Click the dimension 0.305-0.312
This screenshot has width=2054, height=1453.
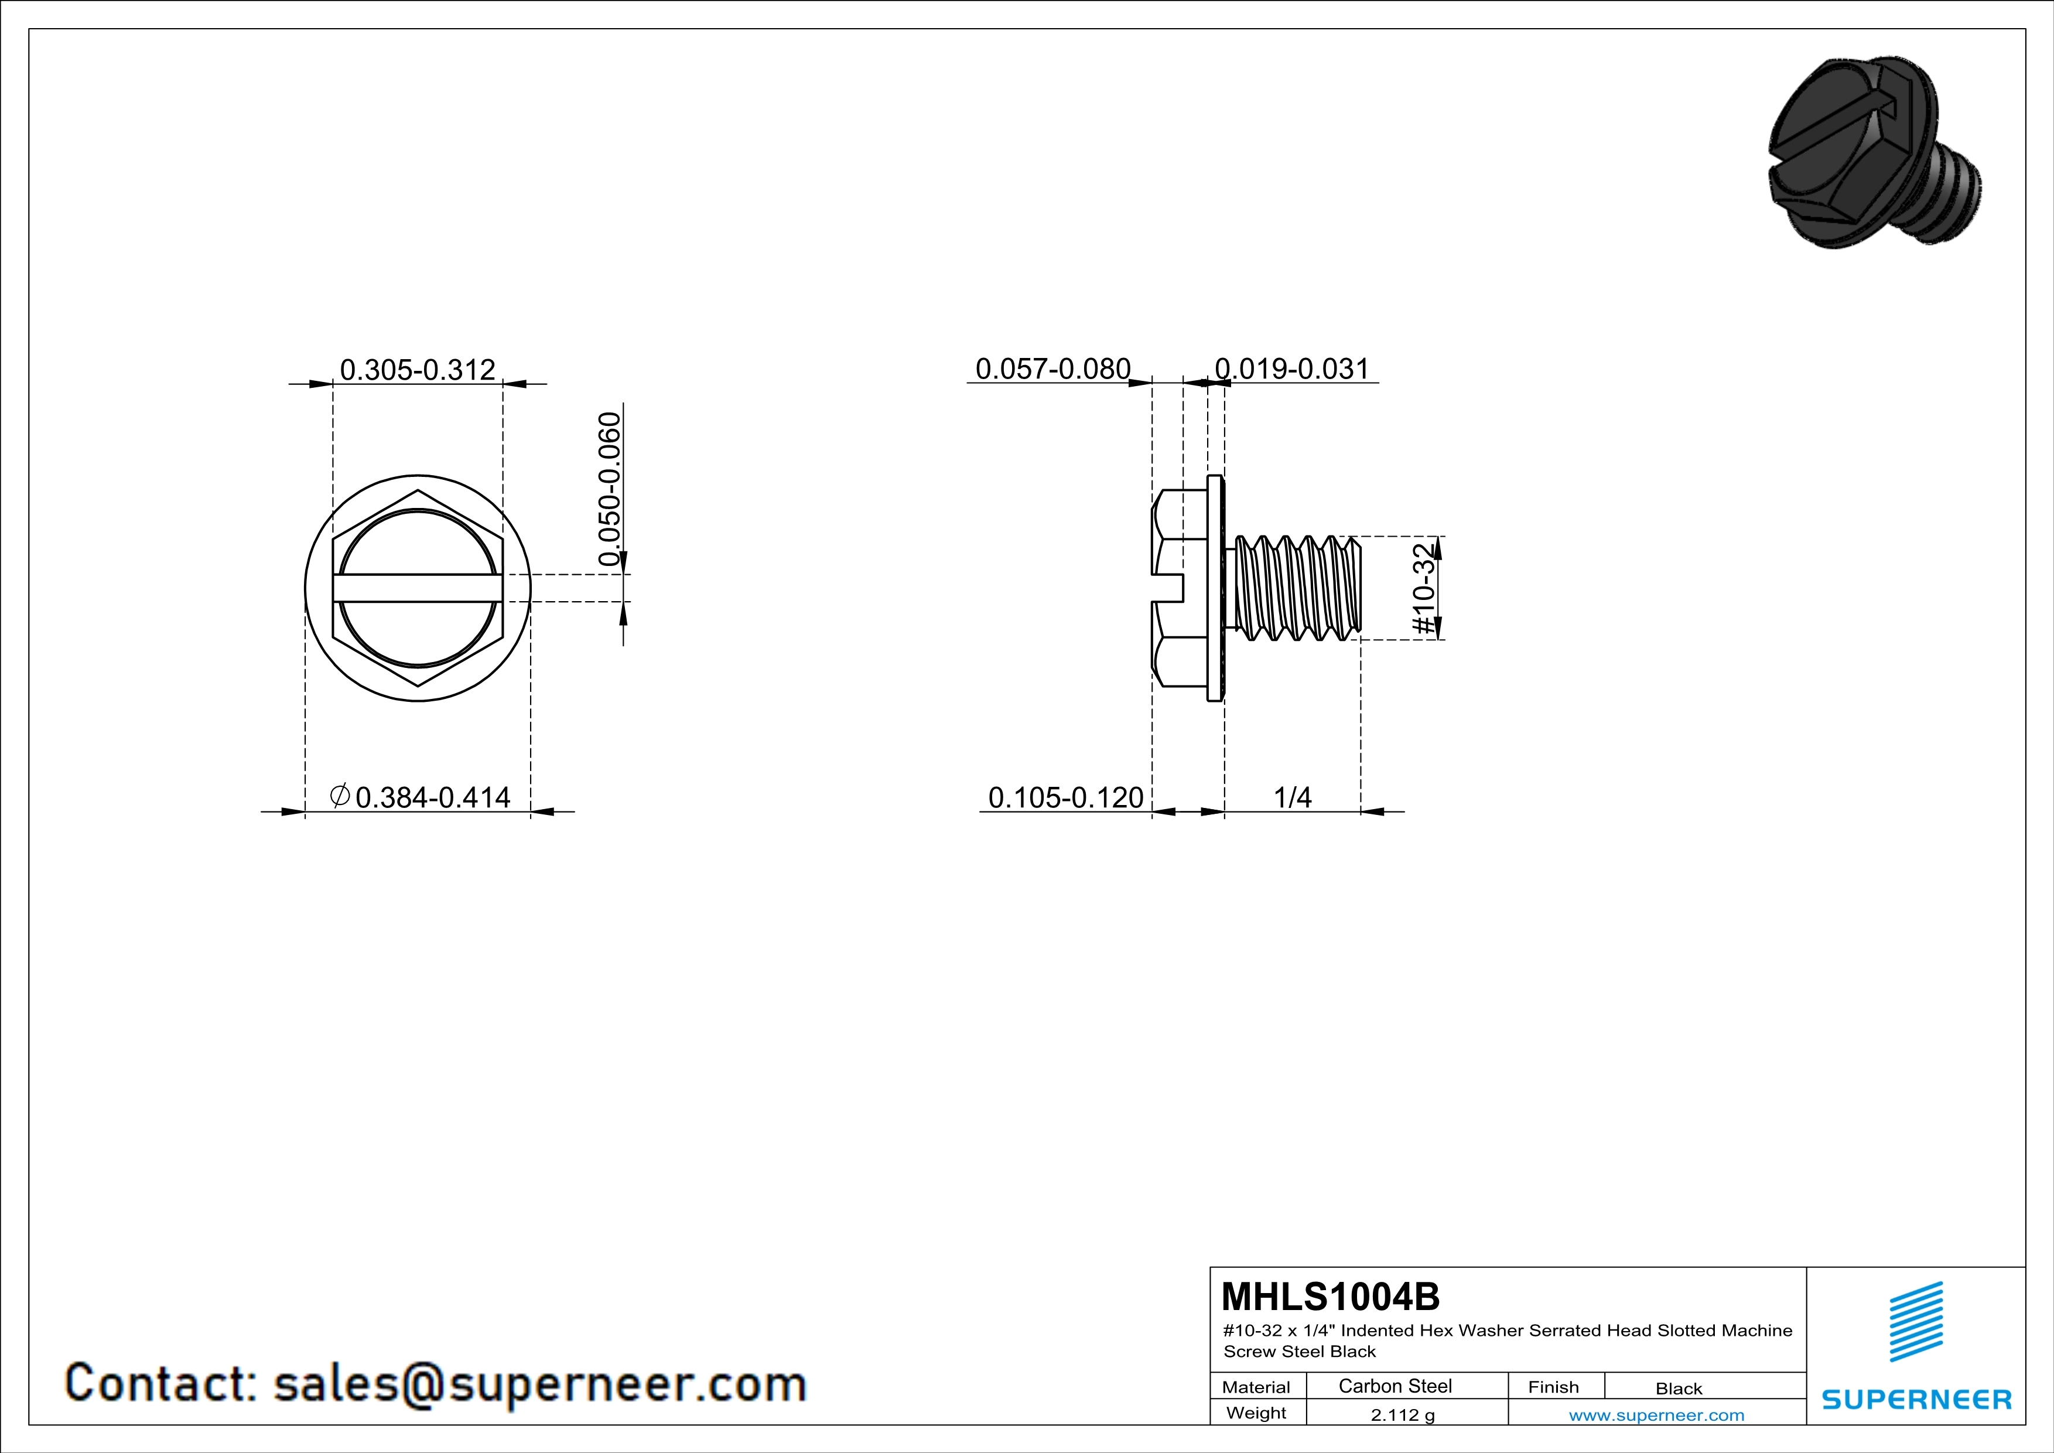point(418,370)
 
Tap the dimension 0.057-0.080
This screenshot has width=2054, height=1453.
point(1053,369)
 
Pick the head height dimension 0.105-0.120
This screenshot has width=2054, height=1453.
point(1065,797)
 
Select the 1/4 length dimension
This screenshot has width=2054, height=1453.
point(1292,797)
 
